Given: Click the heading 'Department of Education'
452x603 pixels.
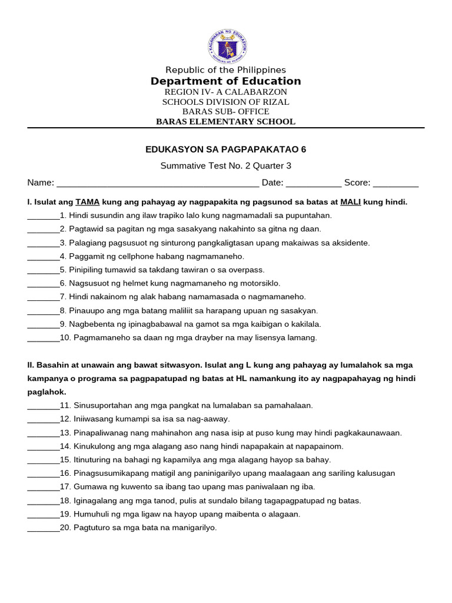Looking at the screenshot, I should [x=226, y=81].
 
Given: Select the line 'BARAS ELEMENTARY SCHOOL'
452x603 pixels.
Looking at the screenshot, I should [x=226, y=122].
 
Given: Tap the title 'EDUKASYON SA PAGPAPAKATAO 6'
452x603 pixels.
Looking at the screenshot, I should [x=226, y=150].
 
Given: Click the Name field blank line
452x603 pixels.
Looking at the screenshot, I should [x=157, y=183].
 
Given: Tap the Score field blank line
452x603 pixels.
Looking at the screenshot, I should [x=395, y=183].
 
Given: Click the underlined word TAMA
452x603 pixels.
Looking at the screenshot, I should [x=88, y=202].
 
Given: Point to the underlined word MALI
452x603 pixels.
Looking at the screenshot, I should [x=351, y=202].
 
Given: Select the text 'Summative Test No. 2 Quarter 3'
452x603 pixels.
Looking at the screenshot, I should [x=226, y=166].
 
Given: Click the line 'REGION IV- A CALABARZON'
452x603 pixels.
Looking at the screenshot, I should [x=226, y=92].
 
